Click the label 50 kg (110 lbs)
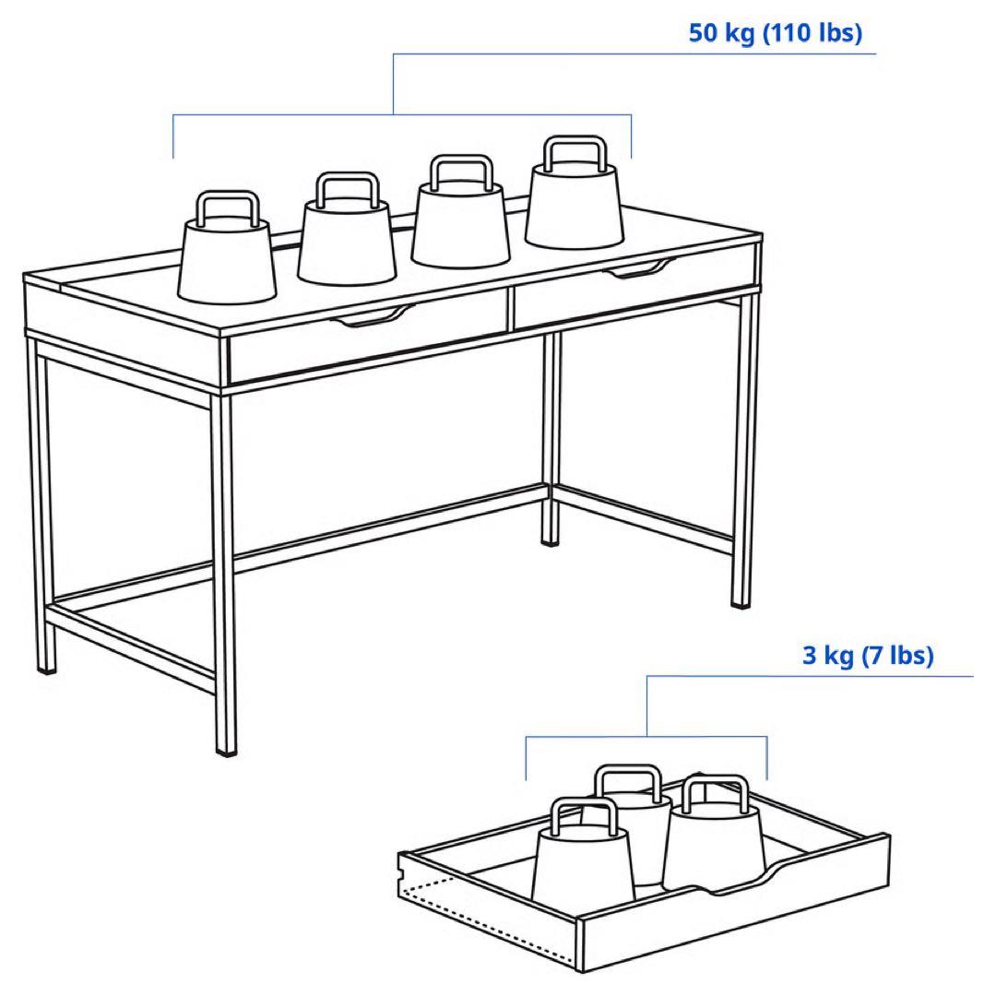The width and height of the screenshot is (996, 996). [x=775, y=34]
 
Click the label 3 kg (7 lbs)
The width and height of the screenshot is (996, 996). [x=868, y=656]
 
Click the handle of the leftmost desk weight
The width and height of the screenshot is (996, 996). [x=228, y=205]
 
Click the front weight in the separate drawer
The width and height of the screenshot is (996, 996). [x=581, y=862]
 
